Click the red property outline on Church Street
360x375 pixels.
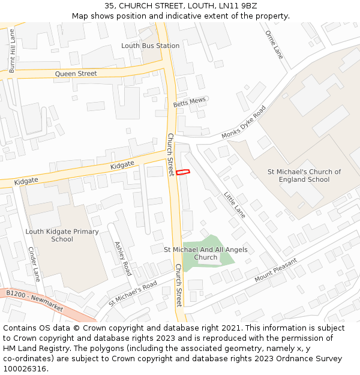click(183, 172)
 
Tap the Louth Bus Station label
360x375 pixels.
click(150, 46)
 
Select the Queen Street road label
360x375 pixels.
click(76, 74)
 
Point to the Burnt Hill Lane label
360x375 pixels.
click(12, 52)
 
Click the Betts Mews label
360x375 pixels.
click(189, 103)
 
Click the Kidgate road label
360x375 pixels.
click(122, 164)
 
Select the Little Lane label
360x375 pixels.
click(235, 205)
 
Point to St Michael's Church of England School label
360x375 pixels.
click(304, 175)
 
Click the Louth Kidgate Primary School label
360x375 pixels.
click(62, 235)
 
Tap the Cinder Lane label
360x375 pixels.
click(34, 265)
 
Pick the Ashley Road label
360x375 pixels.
click(122, 259)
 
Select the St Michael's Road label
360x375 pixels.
click(133, 293)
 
